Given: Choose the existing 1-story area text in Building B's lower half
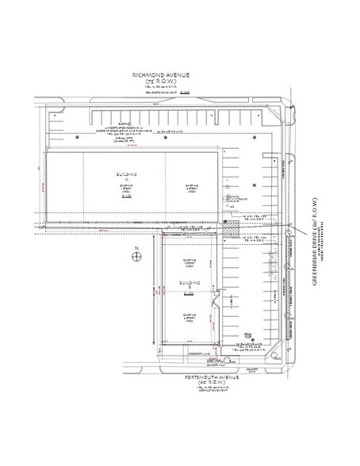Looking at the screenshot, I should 188,316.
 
